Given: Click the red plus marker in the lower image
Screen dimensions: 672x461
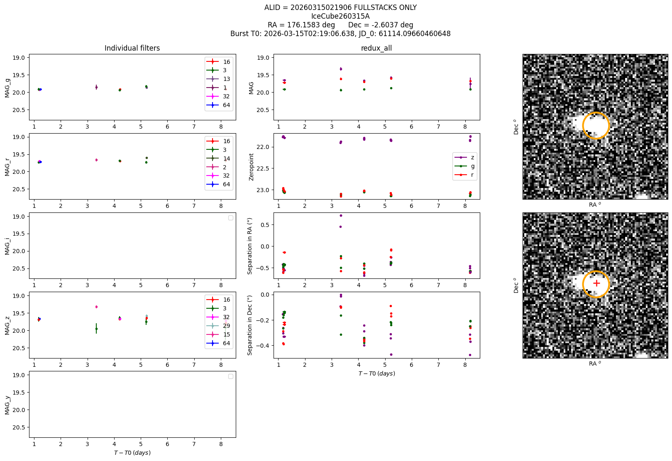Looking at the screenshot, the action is (596, 283).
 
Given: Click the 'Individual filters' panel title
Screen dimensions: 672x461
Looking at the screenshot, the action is (132, 48).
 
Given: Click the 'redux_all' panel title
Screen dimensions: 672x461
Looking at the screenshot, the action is (376, 48).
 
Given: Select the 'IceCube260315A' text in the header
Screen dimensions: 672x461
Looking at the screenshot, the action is (340, 16).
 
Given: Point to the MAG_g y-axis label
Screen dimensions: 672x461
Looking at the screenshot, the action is (7, 88).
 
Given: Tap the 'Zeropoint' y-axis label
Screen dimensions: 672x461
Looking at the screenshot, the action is (251, 167).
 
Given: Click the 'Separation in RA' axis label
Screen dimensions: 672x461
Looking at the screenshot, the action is (250, 246).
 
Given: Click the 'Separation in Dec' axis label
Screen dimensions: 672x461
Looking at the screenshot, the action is (250, 325).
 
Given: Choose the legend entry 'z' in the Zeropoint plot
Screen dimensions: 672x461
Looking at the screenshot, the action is (472, 157).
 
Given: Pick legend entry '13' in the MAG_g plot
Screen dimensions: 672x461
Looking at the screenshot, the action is (227, 79).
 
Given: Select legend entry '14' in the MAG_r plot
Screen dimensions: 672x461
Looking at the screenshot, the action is (227, 159).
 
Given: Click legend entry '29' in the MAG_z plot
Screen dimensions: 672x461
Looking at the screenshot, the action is (227, 326).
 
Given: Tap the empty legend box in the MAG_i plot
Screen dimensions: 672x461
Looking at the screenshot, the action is (231, 218).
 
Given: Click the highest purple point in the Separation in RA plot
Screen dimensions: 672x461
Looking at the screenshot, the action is (341, 215).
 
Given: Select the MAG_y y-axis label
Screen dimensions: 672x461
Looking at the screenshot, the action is (7, 405).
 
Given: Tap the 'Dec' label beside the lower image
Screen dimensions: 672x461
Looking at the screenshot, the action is (516, 285).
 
